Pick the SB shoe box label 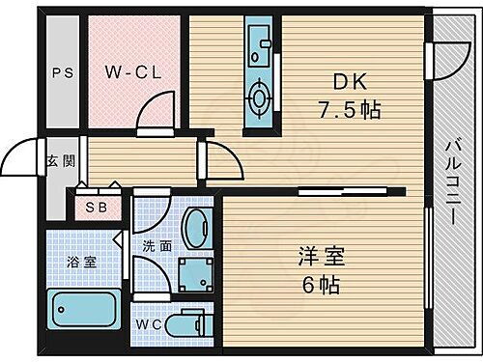[x=96, y=206]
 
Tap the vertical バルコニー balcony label [x=451, y=183]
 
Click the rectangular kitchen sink [x=260, y=43]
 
